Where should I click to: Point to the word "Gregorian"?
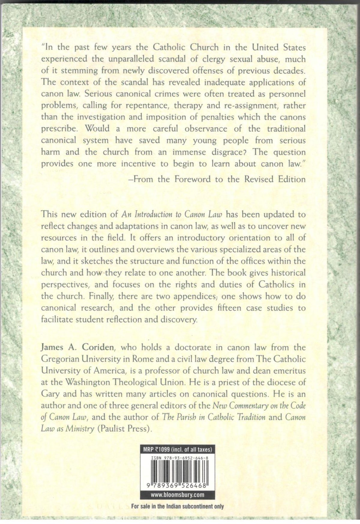(64, 359)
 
